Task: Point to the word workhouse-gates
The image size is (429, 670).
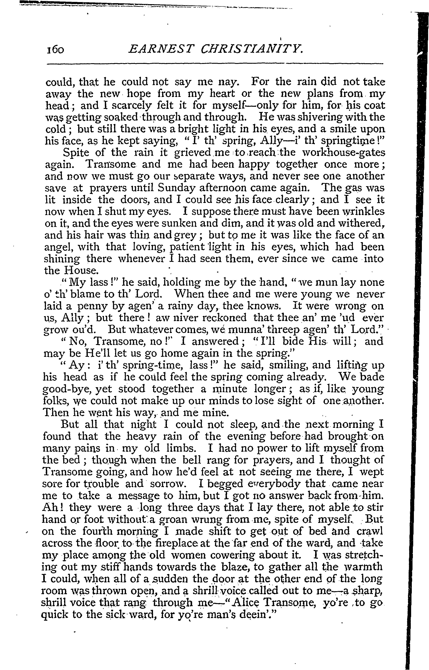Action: click(340, 153)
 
